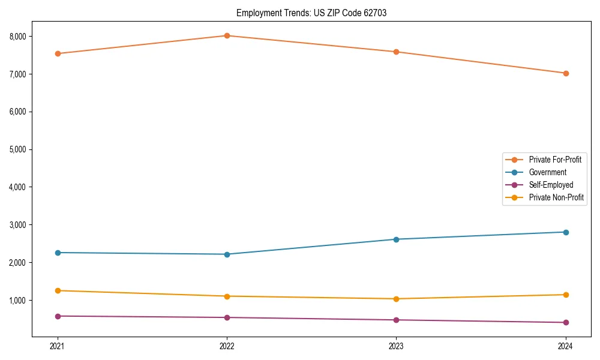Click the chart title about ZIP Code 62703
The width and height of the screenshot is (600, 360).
(x=311, y=13)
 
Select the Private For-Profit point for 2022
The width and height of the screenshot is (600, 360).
(x=227, y=35)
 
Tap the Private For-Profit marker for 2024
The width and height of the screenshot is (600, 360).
(x=566, y=73)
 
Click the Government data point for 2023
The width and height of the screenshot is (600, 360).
(x=396, y=239)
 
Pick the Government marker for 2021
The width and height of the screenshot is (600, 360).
(x=58, y=253)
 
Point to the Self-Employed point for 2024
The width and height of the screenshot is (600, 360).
(x=566, y=322)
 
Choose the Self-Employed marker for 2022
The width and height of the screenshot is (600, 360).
(x=227, y=317)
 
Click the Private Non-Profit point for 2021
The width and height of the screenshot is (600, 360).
(x=58, y=290)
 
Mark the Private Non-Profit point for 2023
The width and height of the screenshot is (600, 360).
(x=396, y=299)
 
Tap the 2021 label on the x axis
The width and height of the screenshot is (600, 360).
(x=58, y=346)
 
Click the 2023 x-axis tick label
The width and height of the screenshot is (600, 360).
(x=396, y=346)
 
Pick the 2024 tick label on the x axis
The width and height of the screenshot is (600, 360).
(x=566, y=346)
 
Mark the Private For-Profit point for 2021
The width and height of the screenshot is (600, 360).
(x=58, y=53)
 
